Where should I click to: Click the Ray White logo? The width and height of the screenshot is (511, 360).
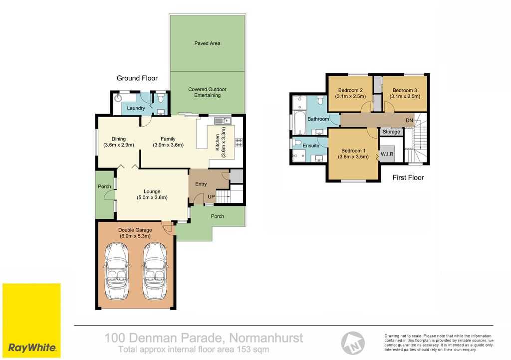(x=31, y=321)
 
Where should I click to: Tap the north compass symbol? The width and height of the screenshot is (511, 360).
(x=353, y=343)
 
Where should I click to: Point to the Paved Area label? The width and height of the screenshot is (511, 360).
(x=207, y=43)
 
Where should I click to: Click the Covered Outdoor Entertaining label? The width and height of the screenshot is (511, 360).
(x=207, y=92)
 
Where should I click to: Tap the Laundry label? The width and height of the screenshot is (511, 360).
(x=136, y=108)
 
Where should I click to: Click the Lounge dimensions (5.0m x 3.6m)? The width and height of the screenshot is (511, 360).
(x=152, y=197)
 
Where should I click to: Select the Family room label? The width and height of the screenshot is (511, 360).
(x=168, y=139)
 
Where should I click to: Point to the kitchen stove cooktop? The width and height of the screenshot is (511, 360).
(x=239, y=142)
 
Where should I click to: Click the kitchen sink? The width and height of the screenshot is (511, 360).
(x=223, y=121)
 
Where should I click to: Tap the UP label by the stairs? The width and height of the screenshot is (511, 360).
(x=211, y=196)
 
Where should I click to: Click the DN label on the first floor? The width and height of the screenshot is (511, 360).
(x=409, y=121)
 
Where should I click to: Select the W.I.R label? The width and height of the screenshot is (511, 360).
(x=387, y=154)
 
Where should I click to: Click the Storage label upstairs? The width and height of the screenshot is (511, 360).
(x=391, y=132)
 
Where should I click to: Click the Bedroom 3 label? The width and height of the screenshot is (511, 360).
(x=405, y=90)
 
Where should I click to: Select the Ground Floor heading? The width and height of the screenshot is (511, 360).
(x=137, y=78)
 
